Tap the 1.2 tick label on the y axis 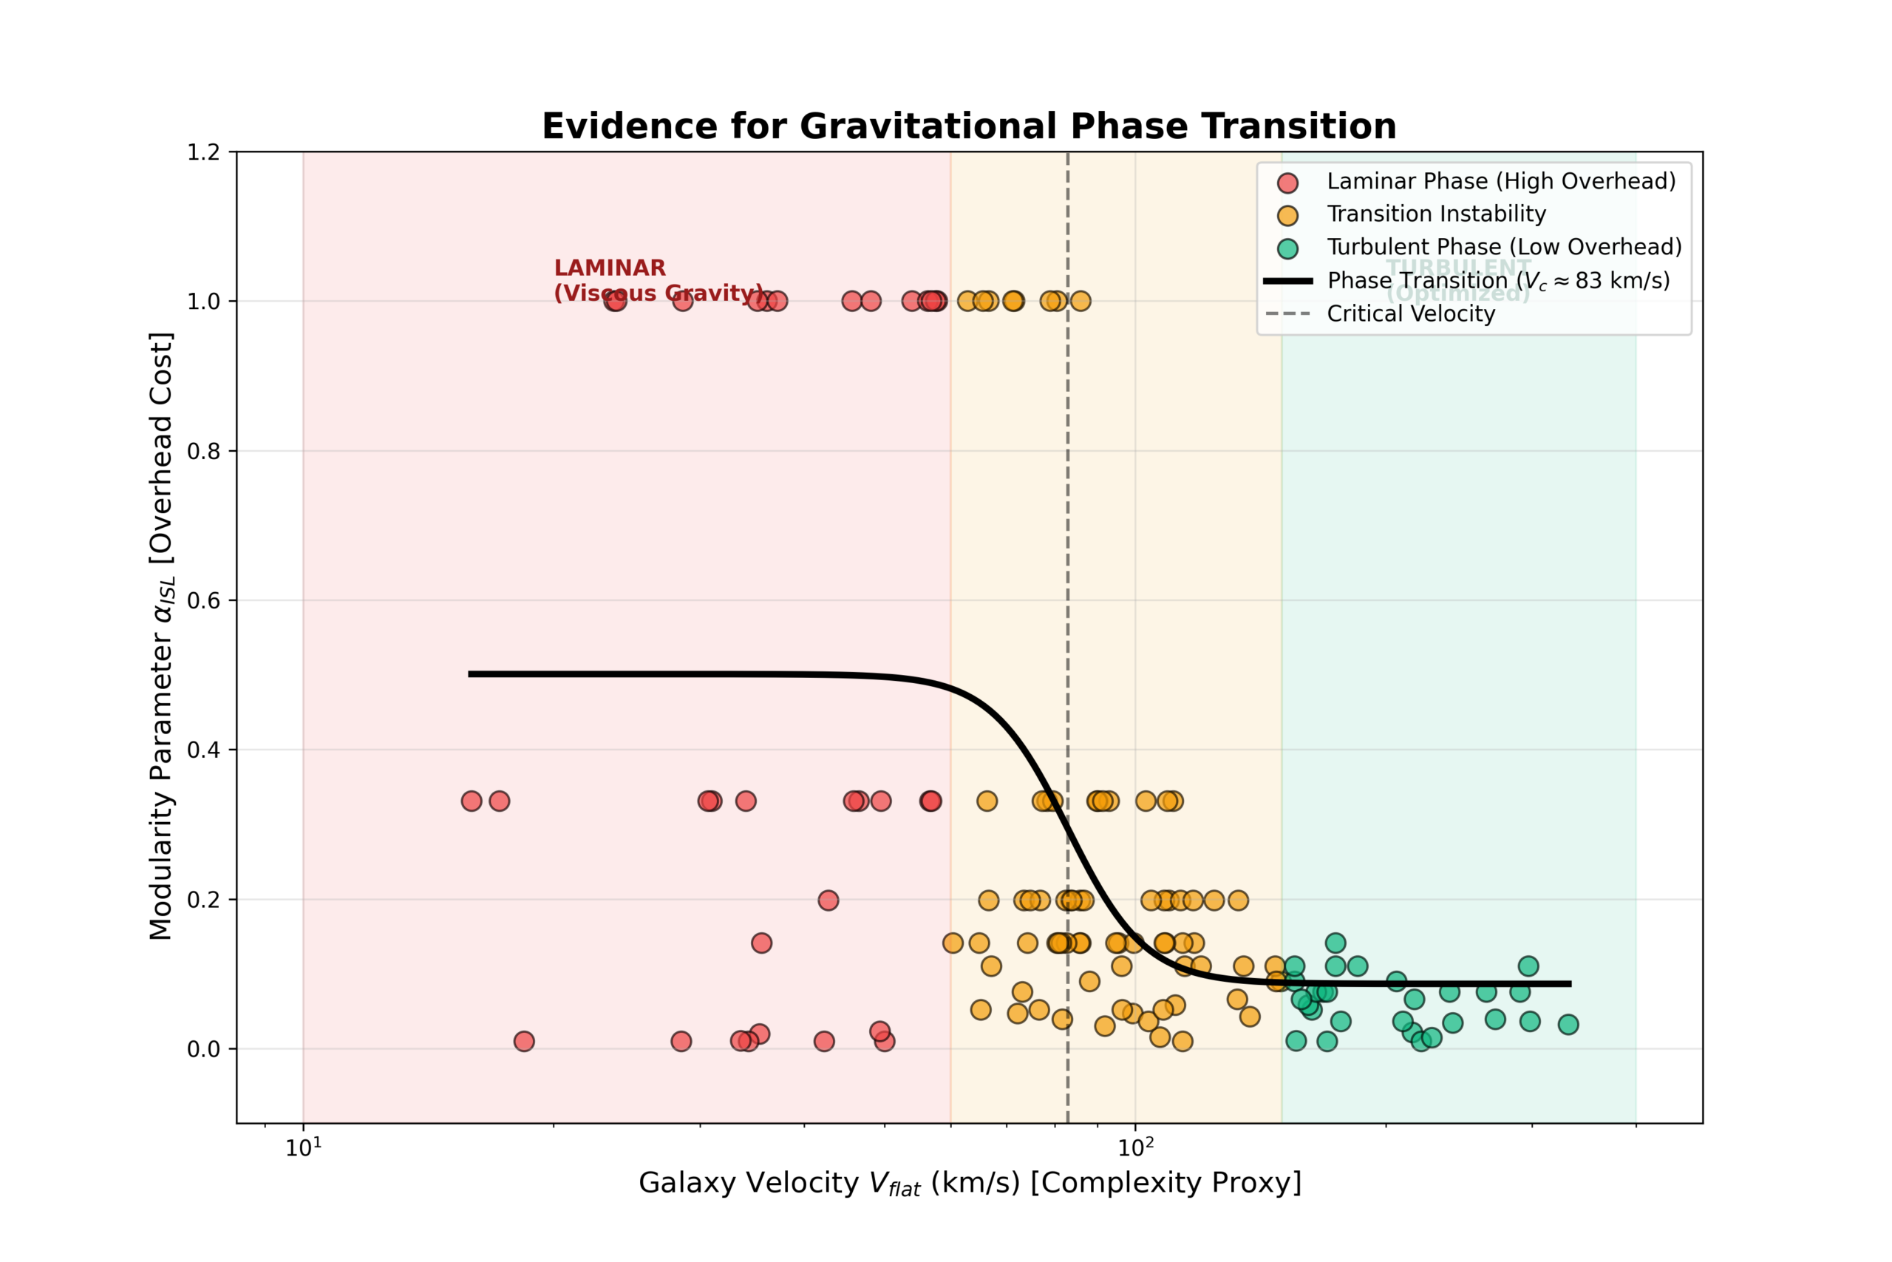click(x=203, y=152)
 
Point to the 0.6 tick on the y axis click(x=203, y=600)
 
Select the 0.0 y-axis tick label click(x=203, y=1049)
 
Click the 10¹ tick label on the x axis click(x=303, y=1147)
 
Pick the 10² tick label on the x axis click(x=1135, y=1147)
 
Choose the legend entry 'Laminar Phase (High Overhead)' click(x=1501, y=181)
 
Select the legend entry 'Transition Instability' click(x=1436, y=214)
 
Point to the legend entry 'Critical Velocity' click(x=1410, y=314)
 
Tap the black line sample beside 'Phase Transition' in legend click(x=1288, y=281)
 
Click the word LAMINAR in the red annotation click(x=610, y=268)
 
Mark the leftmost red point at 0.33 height click(x=472, y=801)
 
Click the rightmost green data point click(x=1568, y=1025)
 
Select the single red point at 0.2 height click(x=828, y=900)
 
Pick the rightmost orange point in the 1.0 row click(x=1081, y=301)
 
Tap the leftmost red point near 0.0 click(x=524, y=1042)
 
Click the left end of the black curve click(x=470, y=674)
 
